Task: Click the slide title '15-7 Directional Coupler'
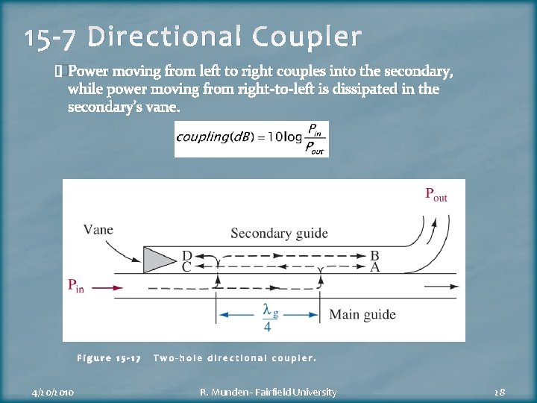(x=192, y=37)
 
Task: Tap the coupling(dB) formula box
(x=251, y=139)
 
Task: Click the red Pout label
(x=436, y=195)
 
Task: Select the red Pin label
(x=76, y=285)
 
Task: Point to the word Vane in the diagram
(x=98, y=229)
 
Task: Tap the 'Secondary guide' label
(x=279, y=234)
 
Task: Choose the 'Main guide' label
(x=362, y=314)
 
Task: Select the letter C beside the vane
(x=186, y=266)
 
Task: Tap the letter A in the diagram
(x=374, y=266)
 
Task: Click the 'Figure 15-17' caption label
(x=109, y=358)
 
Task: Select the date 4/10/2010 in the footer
(x=53, y=392)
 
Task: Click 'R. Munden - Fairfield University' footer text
(x=269, y=392)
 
